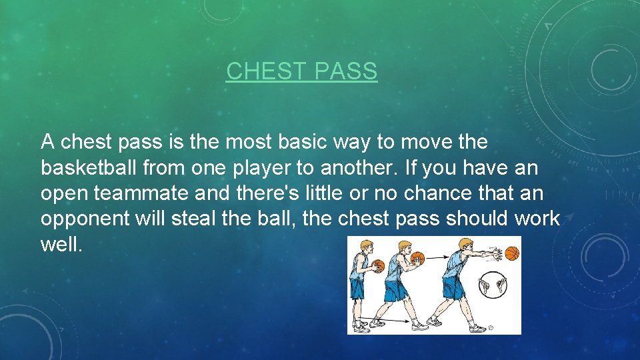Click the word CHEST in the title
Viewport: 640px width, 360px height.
tap(261, 71)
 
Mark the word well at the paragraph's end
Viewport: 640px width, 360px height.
tap(61, 244)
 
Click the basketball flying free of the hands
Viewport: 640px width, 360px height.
tap(511, 253)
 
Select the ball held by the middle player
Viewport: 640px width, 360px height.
tap(417, 258)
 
